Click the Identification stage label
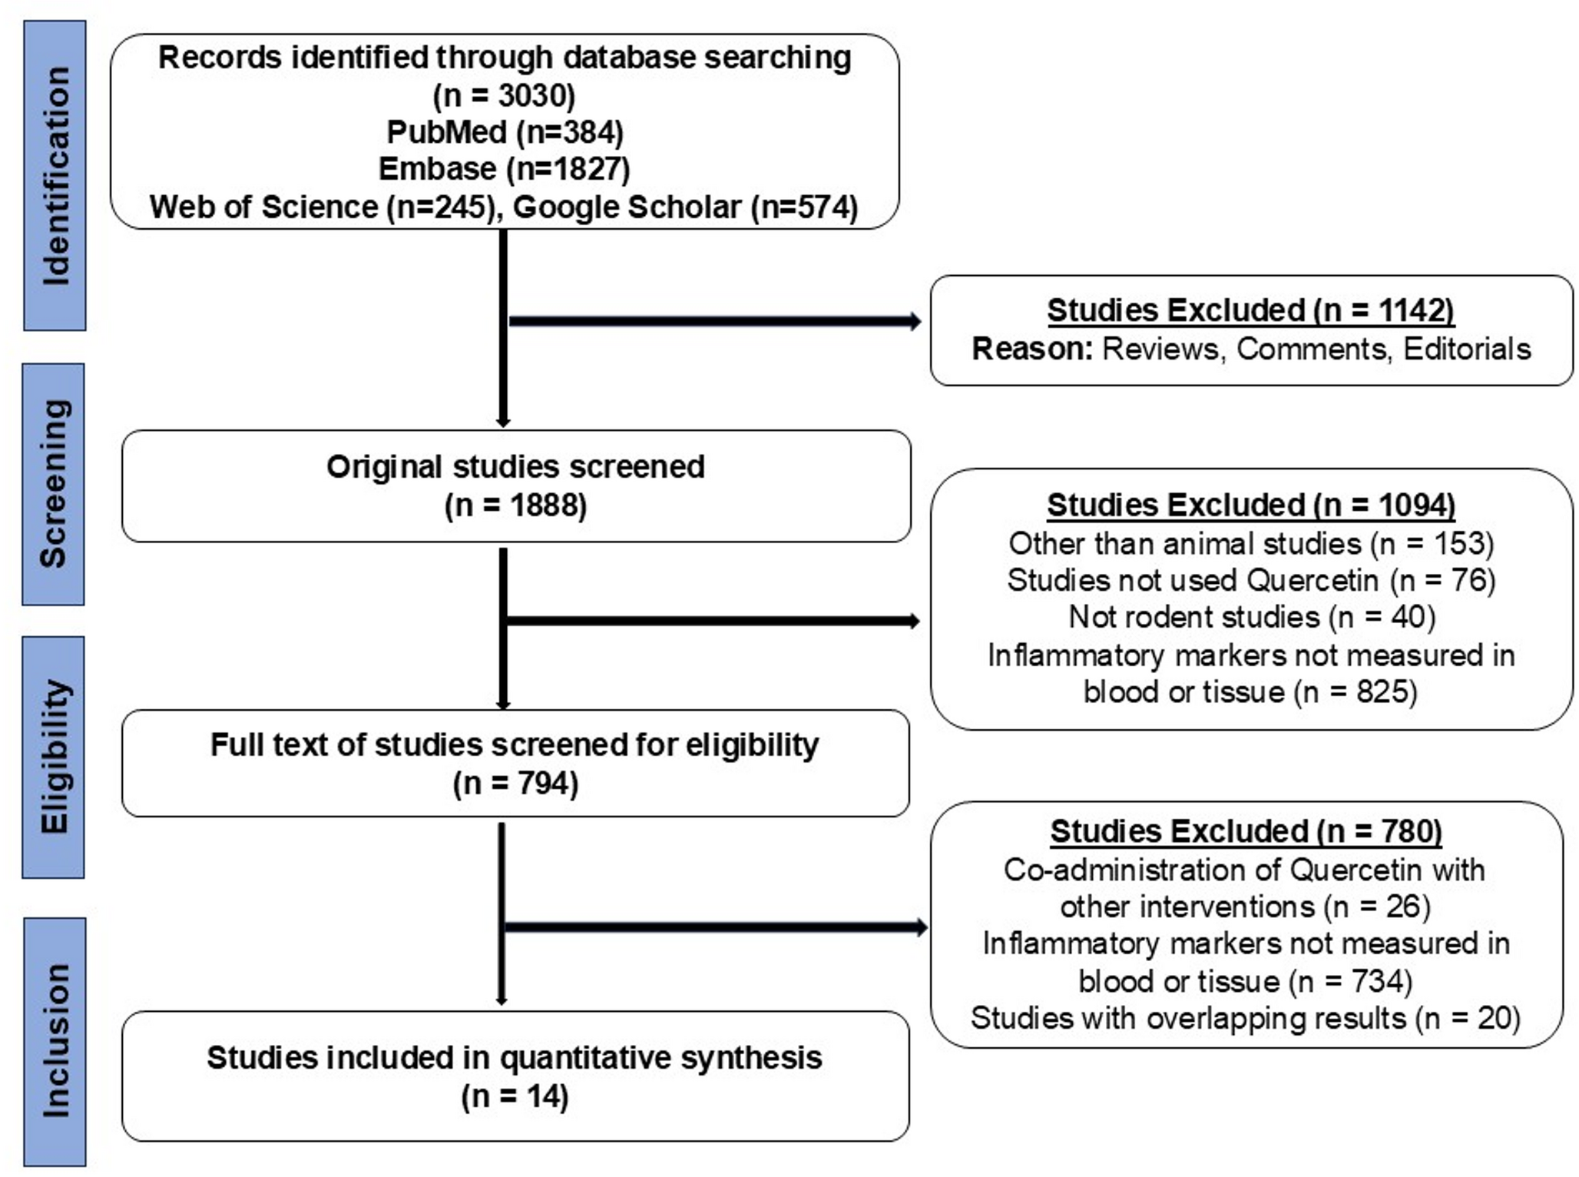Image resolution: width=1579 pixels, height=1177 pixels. pos(55,176)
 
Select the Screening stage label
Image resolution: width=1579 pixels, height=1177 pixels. pos(54,484)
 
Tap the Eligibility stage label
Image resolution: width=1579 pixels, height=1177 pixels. pos(54,757)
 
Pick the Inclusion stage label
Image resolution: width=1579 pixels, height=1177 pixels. pos(55,1041)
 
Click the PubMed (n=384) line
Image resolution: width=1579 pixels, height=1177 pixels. pos(505,132)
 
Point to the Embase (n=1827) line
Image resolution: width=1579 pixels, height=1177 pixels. pos(504,169)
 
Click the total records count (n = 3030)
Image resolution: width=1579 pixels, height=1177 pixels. pos(504,95)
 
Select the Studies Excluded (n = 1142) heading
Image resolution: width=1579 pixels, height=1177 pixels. pos(1250,310)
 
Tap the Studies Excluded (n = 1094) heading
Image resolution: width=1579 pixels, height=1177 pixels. pos(1250,505)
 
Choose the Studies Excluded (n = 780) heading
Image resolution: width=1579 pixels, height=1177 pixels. pos(1246,831)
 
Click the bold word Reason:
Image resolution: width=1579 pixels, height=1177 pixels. pos(1031,349)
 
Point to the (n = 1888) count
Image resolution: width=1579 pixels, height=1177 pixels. pos(515,506)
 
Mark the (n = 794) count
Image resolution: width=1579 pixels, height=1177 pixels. pos(515,784)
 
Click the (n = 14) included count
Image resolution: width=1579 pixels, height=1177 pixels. pos(515,1096)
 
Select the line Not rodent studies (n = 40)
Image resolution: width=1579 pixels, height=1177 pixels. pos(1251,617)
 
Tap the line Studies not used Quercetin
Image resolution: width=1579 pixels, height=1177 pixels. pos(1251,580)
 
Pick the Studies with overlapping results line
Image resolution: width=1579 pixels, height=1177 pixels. pos(1245,1018)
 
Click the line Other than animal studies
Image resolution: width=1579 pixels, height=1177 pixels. pos(1251,543)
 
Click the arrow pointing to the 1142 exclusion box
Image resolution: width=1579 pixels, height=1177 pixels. pos(714,321)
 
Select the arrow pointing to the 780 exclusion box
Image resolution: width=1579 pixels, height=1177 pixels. pos(714,927)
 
